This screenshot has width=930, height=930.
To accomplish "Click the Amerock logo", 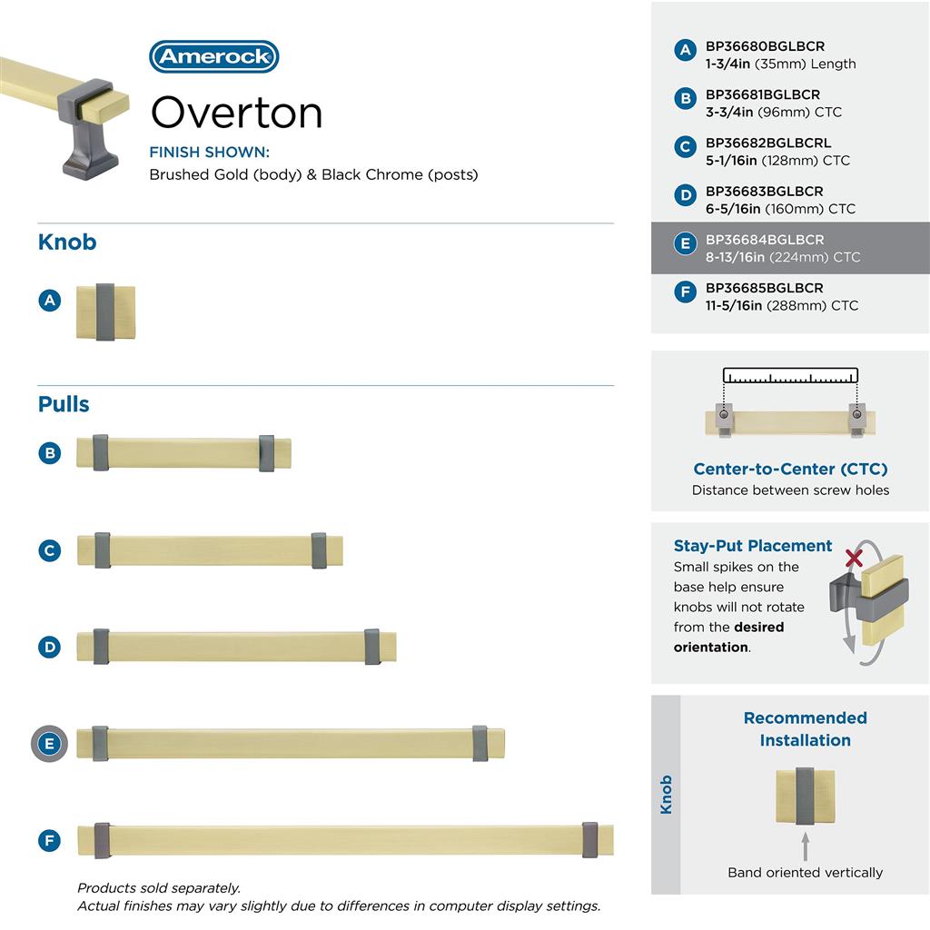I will click(x=213, y=56).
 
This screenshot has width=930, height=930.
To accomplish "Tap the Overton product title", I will click(x=236, y=113).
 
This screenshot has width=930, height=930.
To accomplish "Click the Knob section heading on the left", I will click(x=67, y=242).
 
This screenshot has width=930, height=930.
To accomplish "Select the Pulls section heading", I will click(x=64, y=404).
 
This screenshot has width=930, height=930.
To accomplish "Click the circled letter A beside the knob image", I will click(x=50, y=300).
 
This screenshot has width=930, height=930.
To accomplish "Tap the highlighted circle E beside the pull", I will click(x=50, y=745).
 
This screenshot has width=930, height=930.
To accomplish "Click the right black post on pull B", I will click(x=266, y=453).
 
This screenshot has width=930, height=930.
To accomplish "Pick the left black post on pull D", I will click(x=101, y=646).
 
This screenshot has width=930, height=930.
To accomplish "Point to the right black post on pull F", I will click(x=590, y=839).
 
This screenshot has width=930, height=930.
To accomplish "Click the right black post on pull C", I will click(x=319, y=550).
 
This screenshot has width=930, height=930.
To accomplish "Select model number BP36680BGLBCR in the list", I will click(x=765, y=46).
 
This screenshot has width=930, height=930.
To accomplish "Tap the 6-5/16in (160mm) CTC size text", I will click(x=780, y=209).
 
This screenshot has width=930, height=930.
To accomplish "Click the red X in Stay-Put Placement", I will click(x=854, y=558).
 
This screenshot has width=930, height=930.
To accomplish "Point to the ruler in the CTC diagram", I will click(x=790, y=377).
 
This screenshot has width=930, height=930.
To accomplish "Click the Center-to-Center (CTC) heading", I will click(x=790, y=470).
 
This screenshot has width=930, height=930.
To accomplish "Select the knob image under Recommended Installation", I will click(x=805, y=796).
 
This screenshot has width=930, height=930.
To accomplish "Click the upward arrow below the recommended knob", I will click(x=805, y=846).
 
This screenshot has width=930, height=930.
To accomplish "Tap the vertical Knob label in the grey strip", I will click(x=666, y=795).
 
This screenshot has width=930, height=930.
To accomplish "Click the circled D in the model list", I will click(x=686, y=195).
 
